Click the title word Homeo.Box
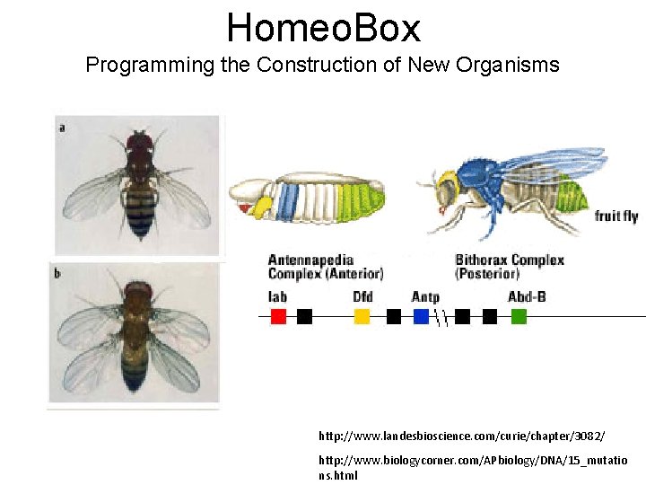pyautogui.click(x=323, y=28)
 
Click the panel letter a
pyautogui.click(x=61, y=128)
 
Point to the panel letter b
pyautogui.click(x=58, y=273)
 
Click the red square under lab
pyautogui.click(x=278, y=316)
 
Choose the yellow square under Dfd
pyautogui.click(x=362, y=316)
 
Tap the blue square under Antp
pyautogui.click(x=421, y=316)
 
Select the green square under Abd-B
pyautogui.click(x=519, y=316)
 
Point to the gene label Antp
pyautogui.click(x=425, y=296)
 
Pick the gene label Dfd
pyautogui.click(x=362, y=296)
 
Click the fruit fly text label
pyautogui.click(x=616, y=216)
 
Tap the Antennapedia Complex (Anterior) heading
pyautogui.click(x=325, y=267)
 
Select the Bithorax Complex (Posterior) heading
pyautogui.click(x=509, y=267)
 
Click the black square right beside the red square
pyautogui.click(x=304, y=316)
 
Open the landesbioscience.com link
pyautogui.click(x=461, y=436)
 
